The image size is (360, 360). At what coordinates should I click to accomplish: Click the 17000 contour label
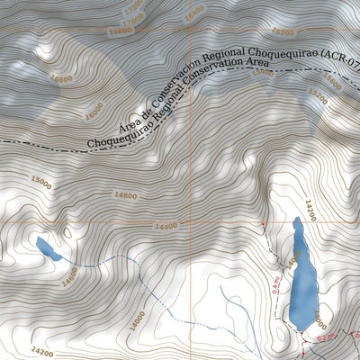pos(133,17)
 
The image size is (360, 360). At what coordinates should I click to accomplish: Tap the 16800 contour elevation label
pos(119,30)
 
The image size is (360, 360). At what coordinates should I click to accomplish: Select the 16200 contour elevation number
pos(282,31)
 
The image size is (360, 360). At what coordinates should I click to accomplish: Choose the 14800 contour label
pos(125,195)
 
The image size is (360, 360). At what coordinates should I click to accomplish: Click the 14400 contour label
pos(166,227)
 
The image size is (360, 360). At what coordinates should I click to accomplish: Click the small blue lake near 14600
pos(48,248)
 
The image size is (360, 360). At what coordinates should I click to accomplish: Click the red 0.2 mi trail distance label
pos(325,337)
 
